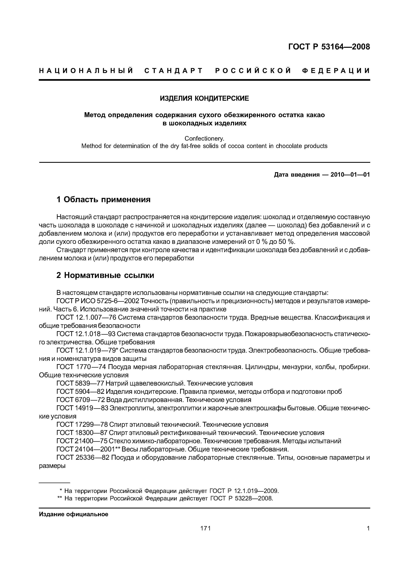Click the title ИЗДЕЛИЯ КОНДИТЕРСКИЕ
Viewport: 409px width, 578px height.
(204, 98)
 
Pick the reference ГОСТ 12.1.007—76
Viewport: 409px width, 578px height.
(86, 318)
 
